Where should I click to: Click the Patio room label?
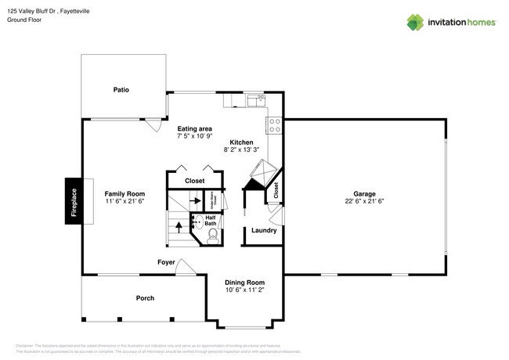coord(121,90)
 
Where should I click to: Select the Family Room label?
coord(125,194)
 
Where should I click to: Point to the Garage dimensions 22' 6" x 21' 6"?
coord(364,202)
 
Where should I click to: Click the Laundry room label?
coord(263,230)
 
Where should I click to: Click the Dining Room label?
coord(245,283)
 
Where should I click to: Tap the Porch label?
coord(145,298)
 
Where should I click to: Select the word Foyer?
coord(166,262)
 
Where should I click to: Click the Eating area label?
coord(195,128)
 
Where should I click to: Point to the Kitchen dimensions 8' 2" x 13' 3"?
coord(241,150)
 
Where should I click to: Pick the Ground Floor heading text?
coord(24,20)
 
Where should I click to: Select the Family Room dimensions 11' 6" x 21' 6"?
coord(125,202)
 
